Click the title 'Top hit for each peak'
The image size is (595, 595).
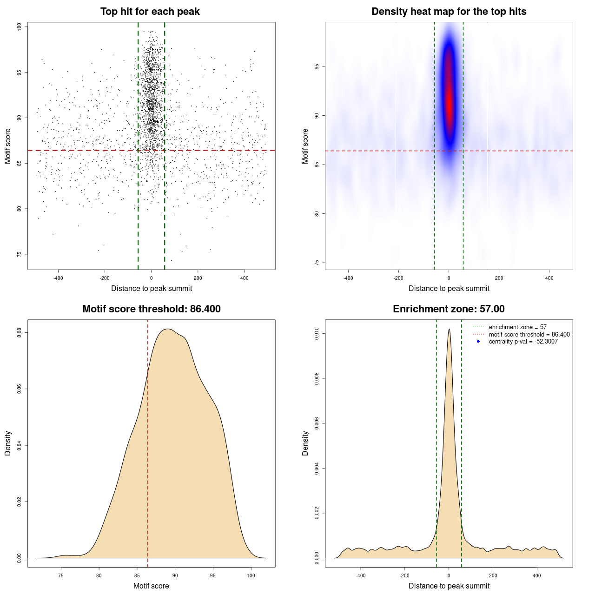coord(150,12)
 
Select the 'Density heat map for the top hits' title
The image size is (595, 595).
coord(449,12)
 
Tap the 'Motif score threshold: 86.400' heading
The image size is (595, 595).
coord(151,309)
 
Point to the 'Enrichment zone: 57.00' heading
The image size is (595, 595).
coord(449,309)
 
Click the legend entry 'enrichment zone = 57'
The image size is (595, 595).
coord(517,327)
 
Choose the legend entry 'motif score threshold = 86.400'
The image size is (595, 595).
coord(529,334)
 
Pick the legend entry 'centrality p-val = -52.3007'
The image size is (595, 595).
coord(523,342)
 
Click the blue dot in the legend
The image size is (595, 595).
coord(478,342)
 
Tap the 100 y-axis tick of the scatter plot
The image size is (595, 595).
coord(20,27)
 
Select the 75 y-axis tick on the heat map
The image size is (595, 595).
coord(317,263)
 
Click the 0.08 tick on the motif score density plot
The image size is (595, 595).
coord(20,333)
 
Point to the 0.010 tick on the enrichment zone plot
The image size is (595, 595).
coord(317,334)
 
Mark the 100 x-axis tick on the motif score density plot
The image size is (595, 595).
coord(251,575)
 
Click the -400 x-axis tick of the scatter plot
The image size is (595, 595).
coord(58,278)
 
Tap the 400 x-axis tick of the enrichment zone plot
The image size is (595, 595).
coord(537,575)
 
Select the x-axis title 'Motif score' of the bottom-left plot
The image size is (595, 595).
coord(151,586)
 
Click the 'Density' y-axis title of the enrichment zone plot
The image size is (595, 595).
coord(305,443)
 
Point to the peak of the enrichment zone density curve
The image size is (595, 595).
coord(449,330)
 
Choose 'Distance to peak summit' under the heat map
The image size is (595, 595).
coord(449,288)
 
